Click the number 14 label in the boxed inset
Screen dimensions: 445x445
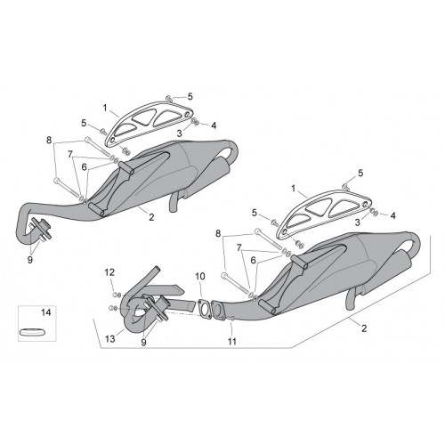pos(46,312)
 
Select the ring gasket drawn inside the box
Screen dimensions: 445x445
pos(33,331)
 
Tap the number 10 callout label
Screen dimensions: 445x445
pos(200,277)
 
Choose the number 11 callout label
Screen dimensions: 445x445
pos(232,342)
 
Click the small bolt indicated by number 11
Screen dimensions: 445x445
pos(231,319)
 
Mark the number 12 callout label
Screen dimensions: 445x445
pos(109,272)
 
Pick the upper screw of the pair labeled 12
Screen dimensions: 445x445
pos(117,295)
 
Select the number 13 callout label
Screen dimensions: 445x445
pos(110,338)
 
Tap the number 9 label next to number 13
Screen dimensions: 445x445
pos(143,343)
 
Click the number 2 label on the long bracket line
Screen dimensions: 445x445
pos(364,328)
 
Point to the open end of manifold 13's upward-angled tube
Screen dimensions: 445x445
pos(157,269)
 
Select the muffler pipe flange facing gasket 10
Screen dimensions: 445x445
pos(219,310)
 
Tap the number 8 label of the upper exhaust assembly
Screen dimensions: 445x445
pos(49,140)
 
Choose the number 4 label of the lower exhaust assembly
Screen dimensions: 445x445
pos(392,215)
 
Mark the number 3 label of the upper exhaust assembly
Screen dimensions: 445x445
pos(179,133)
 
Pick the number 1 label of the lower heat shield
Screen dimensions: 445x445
pos(294,189)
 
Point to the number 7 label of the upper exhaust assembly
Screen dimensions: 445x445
pos(70,154)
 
